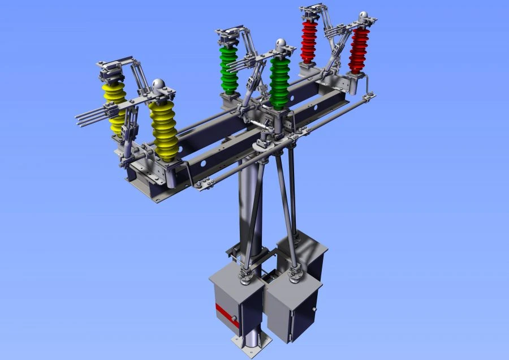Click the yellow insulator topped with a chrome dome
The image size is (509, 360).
[163, 127]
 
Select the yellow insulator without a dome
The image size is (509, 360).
[115, 108]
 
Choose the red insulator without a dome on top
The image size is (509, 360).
[309, 41]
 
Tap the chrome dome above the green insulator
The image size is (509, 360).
[280, 44]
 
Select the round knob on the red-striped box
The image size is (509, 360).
[234, 320]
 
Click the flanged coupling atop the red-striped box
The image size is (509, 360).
[245, 277]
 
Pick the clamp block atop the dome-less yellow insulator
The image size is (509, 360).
[111, 71]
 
